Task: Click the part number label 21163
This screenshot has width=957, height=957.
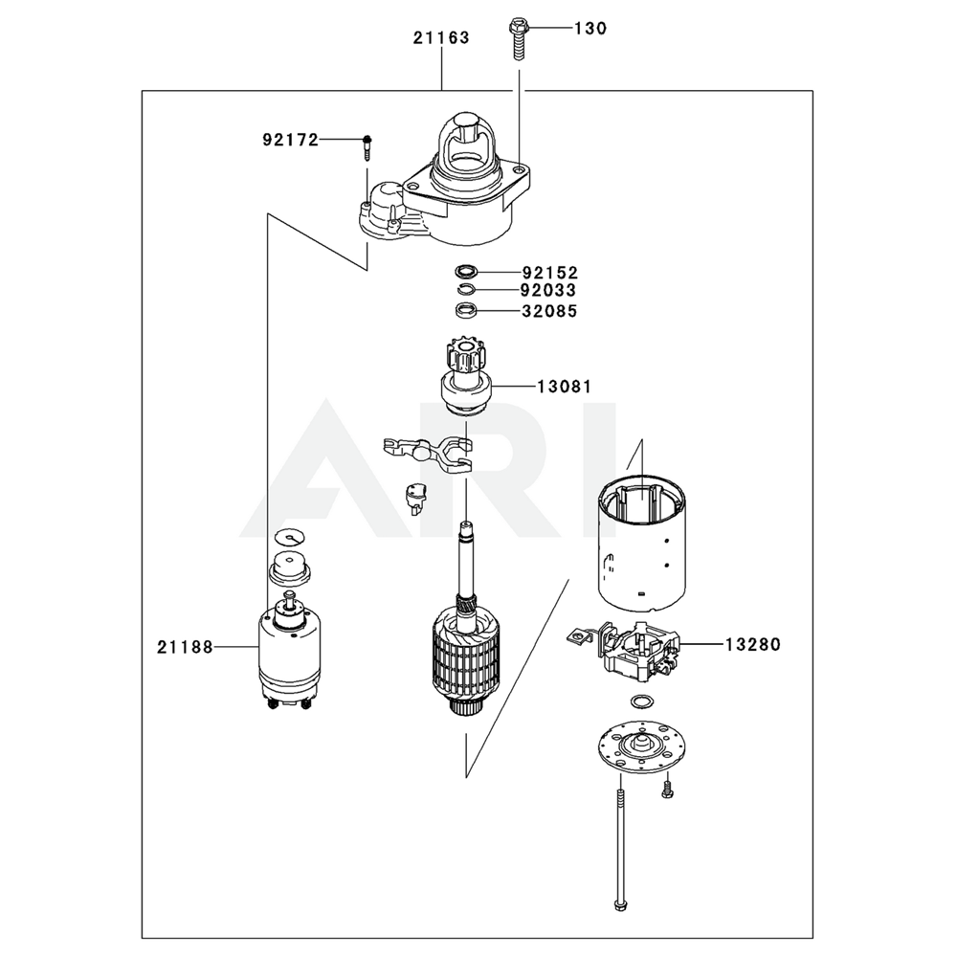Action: pos(441,38)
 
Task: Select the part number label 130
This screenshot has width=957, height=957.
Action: pos(590,29)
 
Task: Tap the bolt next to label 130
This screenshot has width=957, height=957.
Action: pos(518,39)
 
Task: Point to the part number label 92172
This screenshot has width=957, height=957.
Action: pos(290,140)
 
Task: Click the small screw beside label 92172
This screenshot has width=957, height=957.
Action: pos(367,145)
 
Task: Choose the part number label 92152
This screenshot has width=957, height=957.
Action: pos(550,273)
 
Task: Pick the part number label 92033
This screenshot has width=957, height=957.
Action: pos(550,291)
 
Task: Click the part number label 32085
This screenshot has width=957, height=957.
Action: pos(550,311)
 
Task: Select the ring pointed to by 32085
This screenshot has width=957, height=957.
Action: pos(466,310)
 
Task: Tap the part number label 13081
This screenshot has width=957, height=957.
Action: pos(564,387)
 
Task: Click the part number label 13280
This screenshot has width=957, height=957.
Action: pos(752,645)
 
